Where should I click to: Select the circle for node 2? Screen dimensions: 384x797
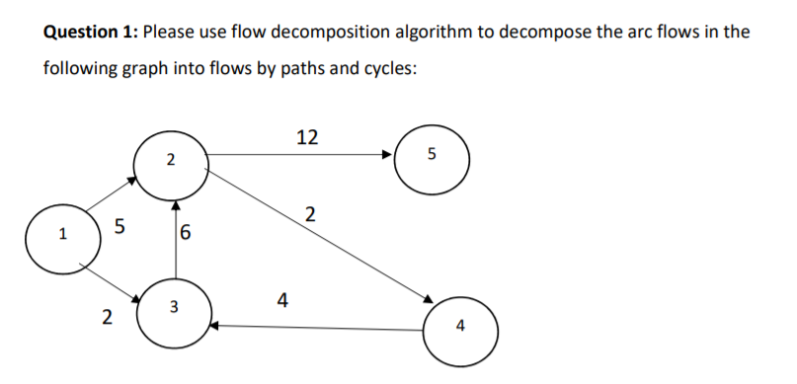pos(171,160)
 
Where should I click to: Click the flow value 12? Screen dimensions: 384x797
pos(307,137)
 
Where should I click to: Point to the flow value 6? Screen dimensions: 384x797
pos(187,235)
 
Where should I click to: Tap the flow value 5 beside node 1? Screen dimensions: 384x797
pos(120,228)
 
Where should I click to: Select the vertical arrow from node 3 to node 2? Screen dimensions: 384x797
pos(176,237)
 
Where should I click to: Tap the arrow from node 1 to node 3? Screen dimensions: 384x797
pos(109,278)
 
